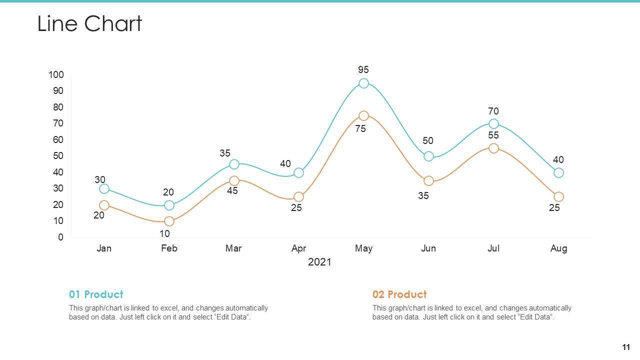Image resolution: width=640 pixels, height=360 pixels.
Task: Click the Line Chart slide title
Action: tap(90, 23)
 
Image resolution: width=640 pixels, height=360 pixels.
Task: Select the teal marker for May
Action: tap(363, 83)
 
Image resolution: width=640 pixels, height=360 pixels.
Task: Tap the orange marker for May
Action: tap(363, 116)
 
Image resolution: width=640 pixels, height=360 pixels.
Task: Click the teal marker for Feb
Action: tap(169, 205)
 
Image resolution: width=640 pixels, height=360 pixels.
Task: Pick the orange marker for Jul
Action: tap(493, 148)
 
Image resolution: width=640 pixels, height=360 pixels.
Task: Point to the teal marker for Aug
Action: tap(558, 172)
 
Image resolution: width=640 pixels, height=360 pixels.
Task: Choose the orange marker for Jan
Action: tap(104, 205)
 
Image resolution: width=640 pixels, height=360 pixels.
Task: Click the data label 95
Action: tap(363, 70)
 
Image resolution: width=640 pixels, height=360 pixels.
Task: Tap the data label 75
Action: tap(360, 129)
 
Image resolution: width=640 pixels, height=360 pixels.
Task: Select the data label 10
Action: tap(164, 233)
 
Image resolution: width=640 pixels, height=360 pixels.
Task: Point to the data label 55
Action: tap(493, 135)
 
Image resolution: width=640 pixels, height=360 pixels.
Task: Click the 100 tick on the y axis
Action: tap(56, 74)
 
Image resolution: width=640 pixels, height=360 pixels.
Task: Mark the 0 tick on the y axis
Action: tap(61, 237)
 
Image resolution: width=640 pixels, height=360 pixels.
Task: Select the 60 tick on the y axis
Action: tap(58, 139)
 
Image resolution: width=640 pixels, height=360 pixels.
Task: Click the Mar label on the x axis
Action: tap(233, 248)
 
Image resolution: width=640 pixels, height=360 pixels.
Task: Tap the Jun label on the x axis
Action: tap(428, 248)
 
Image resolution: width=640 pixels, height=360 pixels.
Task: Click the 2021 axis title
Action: tap(319, 262)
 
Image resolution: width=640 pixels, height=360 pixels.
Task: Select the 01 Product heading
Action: tap(96, 294)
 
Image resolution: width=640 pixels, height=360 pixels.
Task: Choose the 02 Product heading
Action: tap(399, 294)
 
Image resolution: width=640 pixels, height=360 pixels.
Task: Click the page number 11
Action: tap(626, 347)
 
